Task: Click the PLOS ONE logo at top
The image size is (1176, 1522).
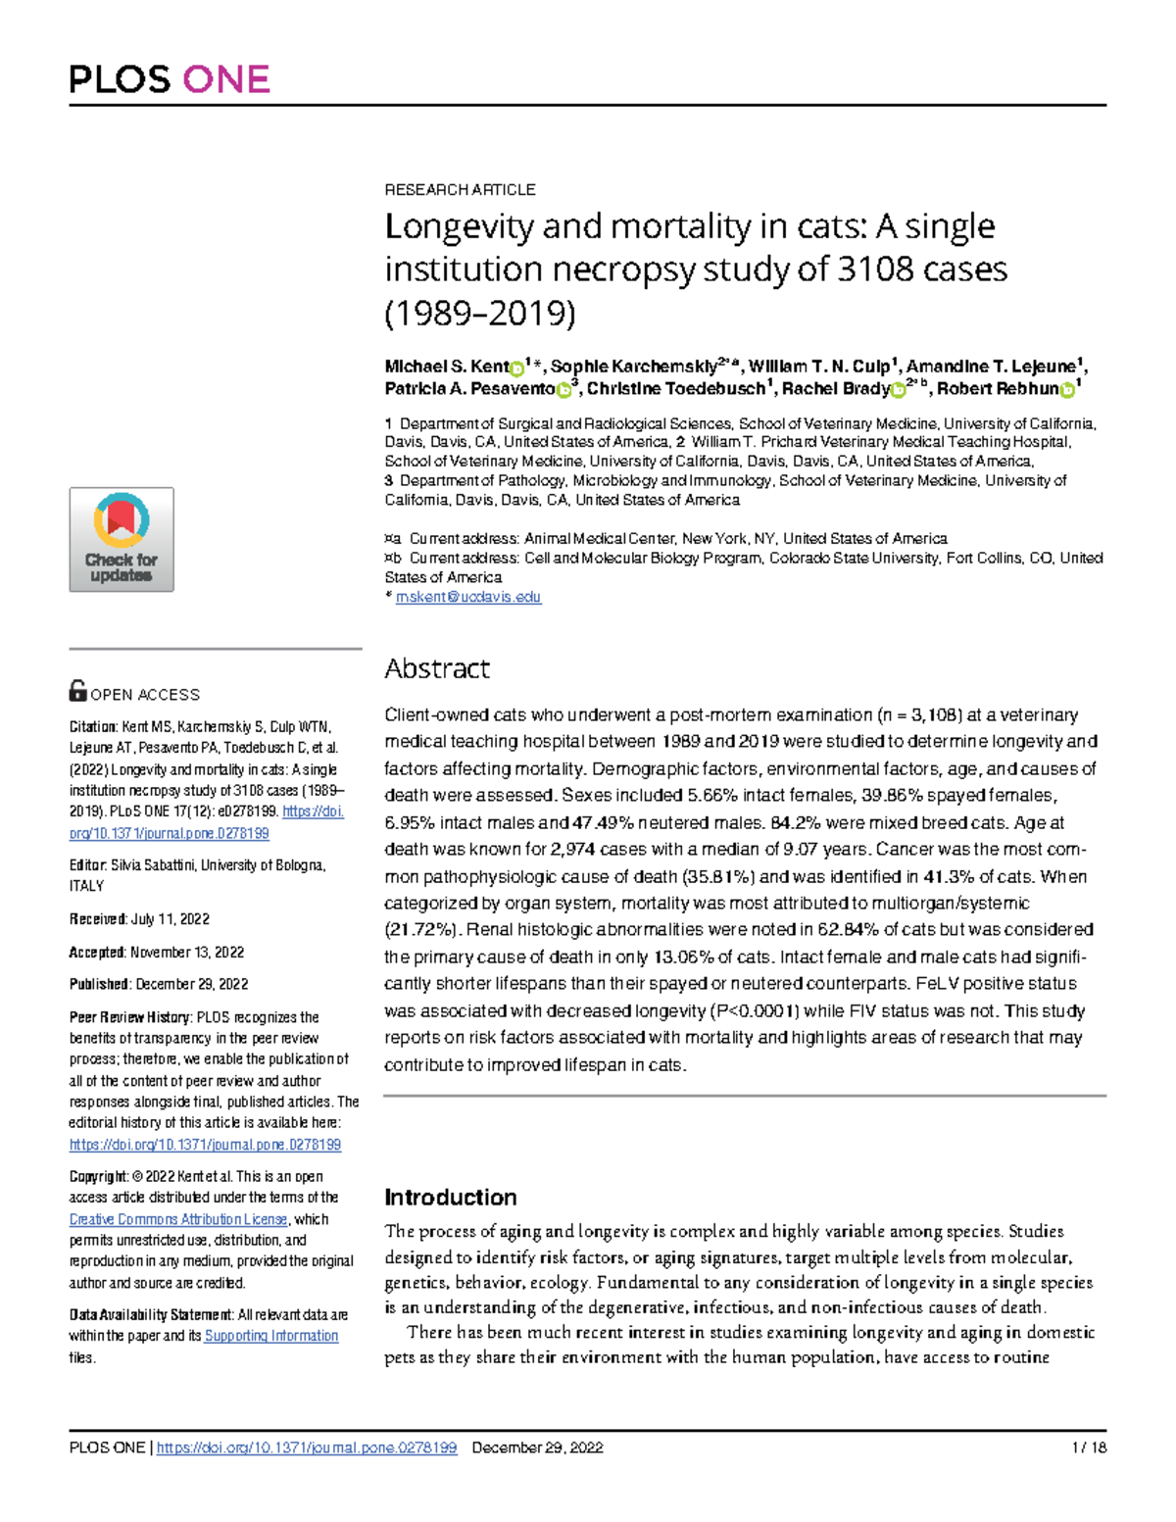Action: tap(170, 78)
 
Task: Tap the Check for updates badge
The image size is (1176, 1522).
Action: tap(122, 539)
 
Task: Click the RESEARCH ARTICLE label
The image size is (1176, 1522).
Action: tap(460, 189)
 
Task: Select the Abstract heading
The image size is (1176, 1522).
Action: tap(436, 668)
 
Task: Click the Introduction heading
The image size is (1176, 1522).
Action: tap(450, 1197)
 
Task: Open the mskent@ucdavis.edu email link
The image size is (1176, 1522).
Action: tap(467, 597)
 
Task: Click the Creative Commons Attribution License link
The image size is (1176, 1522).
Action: tap(178, 1219)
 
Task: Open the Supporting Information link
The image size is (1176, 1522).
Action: tap(270, 1336)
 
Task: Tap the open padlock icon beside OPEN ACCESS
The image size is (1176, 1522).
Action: tap(77, 691)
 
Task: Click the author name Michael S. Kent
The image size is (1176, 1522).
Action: tap(446, 367)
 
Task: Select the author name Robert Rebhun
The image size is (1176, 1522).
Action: tap(998, 388)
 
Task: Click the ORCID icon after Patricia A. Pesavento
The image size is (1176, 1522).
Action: tap(563, 390)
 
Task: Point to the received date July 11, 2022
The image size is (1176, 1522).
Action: tap(170, 919)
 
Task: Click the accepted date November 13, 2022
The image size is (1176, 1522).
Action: tap(187, 952)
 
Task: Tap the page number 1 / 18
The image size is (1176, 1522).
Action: tap(1089, 1448)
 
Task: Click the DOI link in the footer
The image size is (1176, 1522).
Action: tap(306, 1448)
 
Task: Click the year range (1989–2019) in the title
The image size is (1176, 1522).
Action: tap(480, 313)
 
